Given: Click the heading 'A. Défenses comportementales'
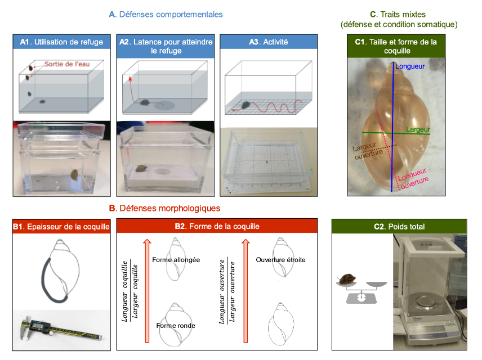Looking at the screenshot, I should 166,14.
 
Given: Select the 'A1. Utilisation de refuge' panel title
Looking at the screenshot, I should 63,42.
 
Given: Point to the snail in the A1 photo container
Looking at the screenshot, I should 74,175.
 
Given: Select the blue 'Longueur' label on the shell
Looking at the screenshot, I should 410,66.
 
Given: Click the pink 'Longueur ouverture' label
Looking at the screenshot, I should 413,175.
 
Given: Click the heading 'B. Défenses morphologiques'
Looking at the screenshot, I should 164,208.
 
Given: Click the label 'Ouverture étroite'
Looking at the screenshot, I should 280,260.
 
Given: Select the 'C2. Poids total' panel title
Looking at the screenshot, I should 400,227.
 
